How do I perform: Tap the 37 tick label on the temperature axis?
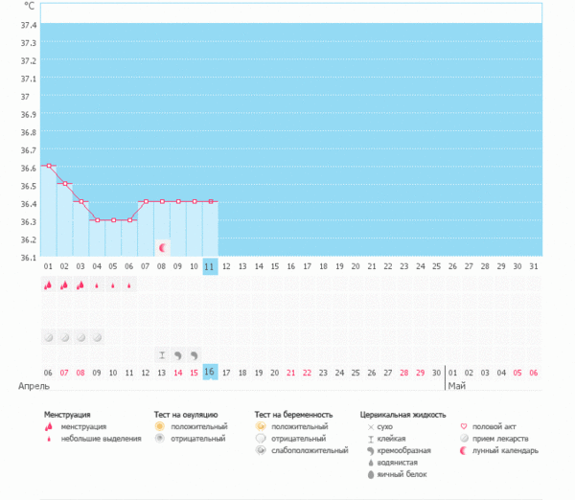(x=23, y=97)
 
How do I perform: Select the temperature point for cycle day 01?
(x=49, y=166)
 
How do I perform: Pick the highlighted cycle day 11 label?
(x=210, y=266)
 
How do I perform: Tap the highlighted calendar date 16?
(x=210, y=372)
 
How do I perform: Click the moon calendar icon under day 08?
(x=163, y=247)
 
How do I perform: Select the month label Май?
(x=456, y=385)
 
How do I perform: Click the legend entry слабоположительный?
(x=310, y=449)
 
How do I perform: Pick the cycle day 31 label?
(x=534, y=266)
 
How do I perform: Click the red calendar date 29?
(x=420, y=372)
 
